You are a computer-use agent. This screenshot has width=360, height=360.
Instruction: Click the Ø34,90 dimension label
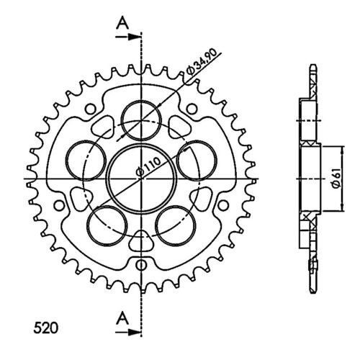pyautogui.click(x=202, y=62)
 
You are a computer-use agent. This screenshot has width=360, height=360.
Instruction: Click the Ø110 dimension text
pyautogui.click(x=148, y=166)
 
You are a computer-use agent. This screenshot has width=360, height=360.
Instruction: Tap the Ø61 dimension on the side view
pyautogui.click(x=336, y=179)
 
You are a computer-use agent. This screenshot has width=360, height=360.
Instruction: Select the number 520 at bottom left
pyautogui.click(x=45, y=328)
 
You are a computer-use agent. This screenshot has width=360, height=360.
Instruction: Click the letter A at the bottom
pyautogui.click(x=122, y=318)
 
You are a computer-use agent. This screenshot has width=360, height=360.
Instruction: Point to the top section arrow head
pyautogui.click(x=135, y=37)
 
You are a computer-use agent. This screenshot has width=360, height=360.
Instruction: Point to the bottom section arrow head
pyautogui.click(x=135, y=332)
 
